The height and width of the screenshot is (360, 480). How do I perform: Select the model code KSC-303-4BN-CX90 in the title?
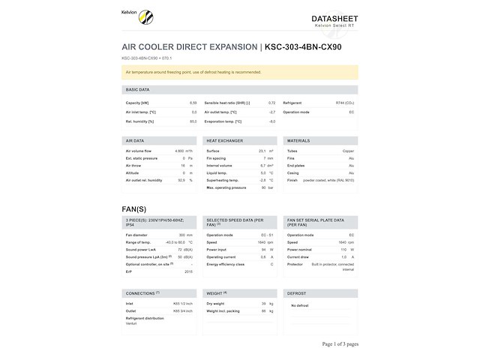(x=304, y=47)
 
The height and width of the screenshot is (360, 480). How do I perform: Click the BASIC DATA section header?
(x=138, y=89)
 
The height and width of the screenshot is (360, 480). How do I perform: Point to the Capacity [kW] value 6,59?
(x=193, y=103)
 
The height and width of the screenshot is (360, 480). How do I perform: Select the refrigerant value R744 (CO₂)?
(x=345, y=103)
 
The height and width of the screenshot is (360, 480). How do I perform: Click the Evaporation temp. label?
(x=223, y=121)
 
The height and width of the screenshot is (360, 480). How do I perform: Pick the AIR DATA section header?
(x=135, y=140)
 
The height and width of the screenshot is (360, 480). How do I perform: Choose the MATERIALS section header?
(x=298, y=140)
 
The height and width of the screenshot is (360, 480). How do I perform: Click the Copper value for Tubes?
(x=349, y=151)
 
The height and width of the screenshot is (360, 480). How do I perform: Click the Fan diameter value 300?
(x=181, y=235)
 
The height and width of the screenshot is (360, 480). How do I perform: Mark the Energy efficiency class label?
(x=226, y=264)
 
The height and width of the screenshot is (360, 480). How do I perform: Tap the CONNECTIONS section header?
(x=142, y=292)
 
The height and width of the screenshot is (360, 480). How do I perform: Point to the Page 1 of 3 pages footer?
(x=340, y=344)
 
